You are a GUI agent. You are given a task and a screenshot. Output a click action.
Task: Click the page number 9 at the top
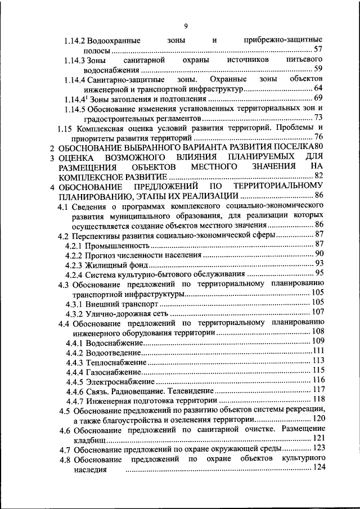click(186, 25)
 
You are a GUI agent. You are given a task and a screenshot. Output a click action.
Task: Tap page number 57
click(318, 49)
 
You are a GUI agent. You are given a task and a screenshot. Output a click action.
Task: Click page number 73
click(318, 118)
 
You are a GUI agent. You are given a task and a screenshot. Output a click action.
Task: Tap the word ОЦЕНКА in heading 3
click(78, 157)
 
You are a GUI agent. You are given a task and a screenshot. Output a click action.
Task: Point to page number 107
click(318, 312)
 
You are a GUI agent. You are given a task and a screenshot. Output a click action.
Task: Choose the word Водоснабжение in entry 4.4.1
click(115, 341)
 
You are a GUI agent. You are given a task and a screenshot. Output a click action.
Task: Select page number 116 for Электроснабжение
click(318, 380)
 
